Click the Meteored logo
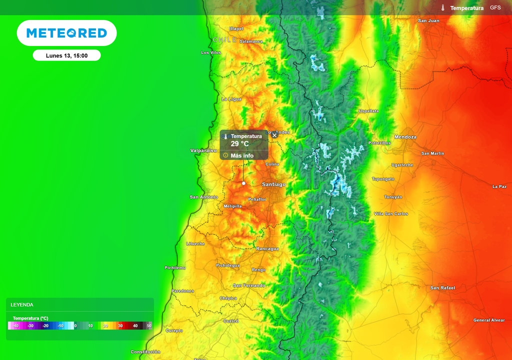66,33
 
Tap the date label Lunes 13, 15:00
66,55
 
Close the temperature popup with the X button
274,135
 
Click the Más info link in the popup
241,155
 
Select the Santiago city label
274,184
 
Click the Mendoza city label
405,137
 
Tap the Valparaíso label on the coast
203,150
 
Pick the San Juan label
428,21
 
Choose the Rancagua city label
267,248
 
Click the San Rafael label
442,288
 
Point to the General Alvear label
489,320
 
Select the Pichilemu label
175,267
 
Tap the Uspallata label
368,111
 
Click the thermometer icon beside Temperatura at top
443,8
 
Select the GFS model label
495,8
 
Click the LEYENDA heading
22,304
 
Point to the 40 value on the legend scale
135,325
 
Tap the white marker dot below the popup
244,183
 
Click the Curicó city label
231,321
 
